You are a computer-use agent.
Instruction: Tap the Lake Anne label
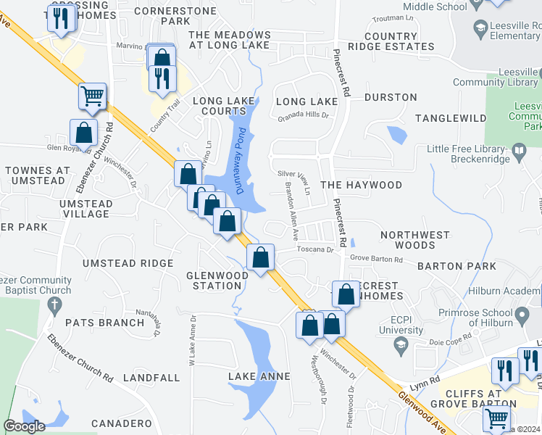(x=259, y=376)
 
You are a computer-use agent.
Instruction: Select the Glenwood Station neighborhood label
(x=214, y=280)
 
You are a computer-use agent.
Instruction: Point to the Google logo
(x=24, y=426)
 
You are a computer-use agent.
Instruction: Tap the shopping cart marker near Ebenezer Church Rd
(x=93, y=96)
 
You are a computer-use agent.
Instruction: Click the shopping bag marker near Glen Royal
(x=84, y=133)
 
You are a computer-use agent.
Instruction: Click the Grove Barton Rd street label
(x=376, y=259)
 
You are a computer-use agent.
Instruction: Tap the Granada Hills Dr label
(x=303, y=115)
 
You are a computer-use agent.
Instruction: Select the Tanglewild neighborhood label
(x=450, y=117)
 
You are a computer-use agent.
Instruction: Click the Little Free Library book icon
(x=519, y=152)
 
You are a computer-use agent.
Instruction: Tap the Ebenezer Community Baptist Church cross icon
(x=51, y=306)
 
